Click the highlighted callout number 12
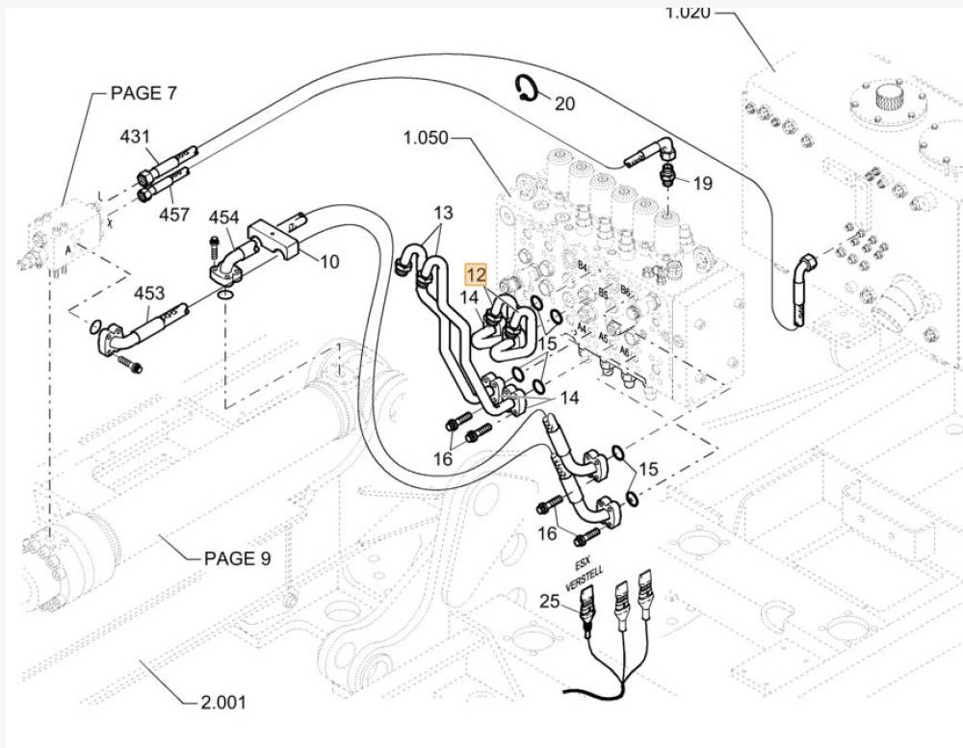tap(477, 274)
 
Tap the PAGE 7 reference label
tap(144, 93)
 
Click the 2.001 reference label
tap(223, 703)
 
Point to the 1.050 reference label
tap(426, 138)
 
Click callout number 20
tap(564, 103)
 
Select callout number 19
tap(703, 182)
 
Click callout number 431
tap(135, 137)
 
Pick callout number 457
tap(174, 215)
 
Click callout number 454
tap(223, 219)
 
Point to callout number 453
tap(148, 294)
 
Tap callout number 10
tap(329, 261)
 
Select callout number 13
tap(442, 212)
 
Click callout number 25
tap(549, 603)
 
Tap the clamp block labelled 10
tap(278, 239)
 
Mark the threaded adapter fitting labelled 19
tap(666, 175)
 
